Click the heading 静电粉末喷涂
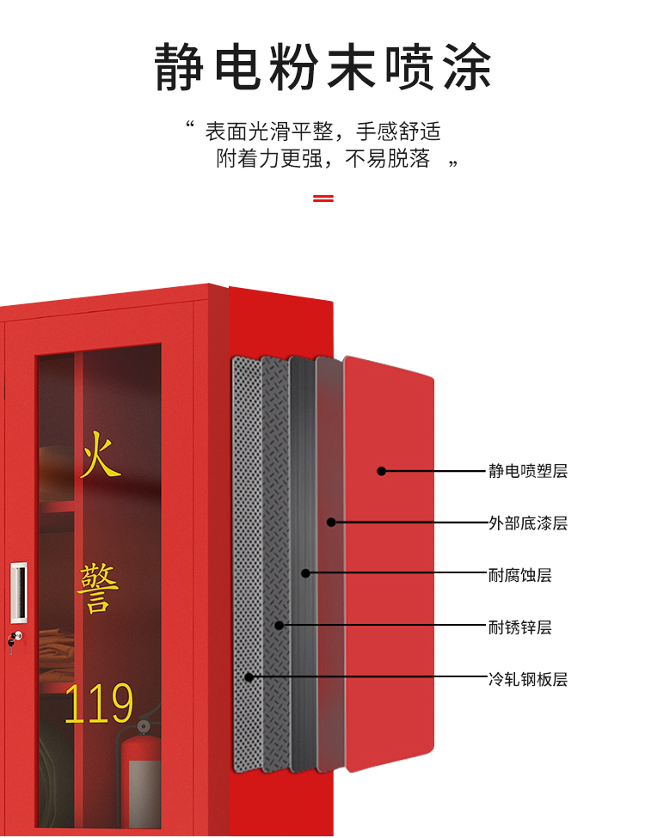pyautogui.click(x=322, y=67)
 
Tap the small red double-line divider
pyautogui.click(x=322, y=199)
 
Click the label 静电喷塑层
pyautogui.click(x=528, y=471)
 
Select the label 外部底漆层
pyautogui.click(x=528, y=523)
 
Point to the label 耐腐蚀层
pyautogui.click(x=520, y=575)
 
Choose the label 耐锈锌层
pyautogui.click(x=520, y=627)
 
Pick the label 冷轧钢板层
pyautogui.click(x=528, y=680)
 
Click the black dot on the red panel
pyautogui.click(x=381, y=471)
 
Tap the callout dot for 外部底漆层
pyautogui.click(x=331, y=523)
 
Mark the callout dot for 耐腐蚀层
pyautogui.click(x=305, y=573)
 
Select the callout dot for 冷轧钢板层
pyautogui.click(x=249, y=677)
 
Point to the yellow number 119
pyautogui.click(x=99, y=703)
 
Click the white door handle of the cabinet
pyautogui.click(x=18, y=592)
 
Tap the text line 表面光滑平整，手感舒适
pyautogui.click(x=322, y=132)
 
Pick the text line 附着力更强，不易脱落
pyautogui.click(x=322, y=159)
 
